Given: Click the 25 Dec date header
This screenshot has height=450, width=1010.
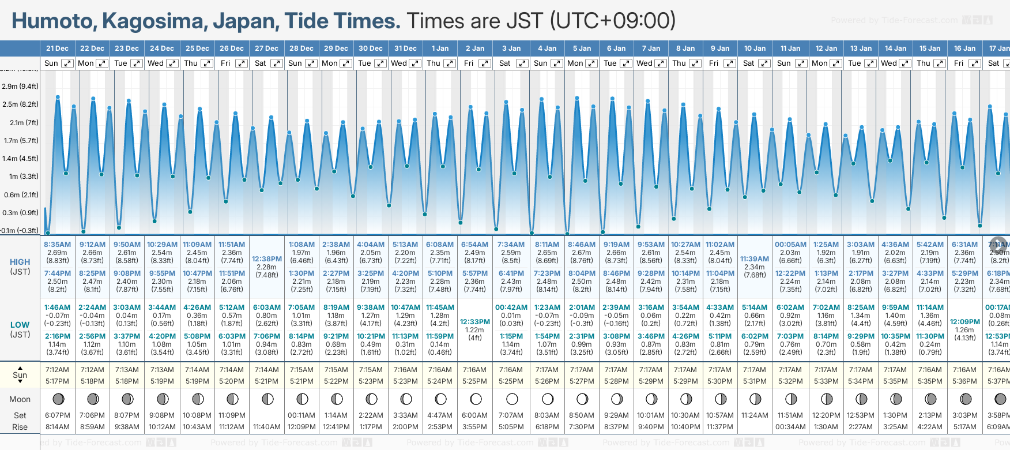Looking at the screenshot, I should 197,48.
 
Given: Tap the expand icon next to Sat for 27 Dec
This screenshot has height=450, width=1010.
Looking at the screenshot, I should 277,63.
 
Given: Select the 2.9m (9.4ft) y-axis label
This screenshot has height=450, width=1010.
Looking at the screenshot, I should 20,87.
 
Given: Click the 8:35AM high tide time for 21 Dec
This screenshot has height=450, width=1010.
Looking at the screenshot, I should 57,245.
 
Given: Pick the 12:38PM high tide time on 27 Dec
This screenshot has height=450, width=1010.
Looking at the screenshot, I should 267,259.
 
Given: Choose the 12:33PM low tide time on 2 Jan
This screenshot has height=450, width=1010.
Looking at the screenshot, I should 475,322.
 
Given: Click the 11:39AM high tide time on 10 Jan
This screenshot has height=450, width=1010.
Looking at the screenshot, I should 755,259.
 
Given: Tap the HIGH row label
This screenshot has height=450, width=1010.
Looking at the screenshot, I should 20,262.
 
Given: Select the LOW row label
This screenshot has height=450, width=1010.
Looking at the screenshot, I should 20,325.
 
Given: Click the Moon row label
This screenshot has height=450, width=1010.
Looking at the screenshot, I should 20,399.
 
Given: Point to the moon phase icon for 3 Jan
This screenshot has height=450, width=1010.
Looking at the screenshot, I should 511,399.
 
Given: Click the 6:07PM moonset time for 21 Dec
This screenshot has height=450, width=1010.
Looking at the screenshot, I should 57,415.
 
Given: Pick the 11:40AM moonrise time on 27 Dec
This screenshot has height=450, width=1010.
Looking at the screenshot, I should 267,427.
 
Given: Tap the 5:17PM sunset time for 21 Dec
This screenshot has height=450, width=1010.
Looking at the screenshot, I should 57,381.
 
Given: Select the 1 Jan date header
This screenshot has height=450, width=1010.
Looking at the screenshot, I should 440,48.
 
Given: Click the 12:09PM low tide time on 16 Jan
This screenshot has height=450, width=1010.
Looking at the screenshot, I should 964,322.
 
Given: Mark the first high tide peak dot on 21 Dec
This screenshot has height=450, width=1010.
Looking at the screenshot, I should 58,97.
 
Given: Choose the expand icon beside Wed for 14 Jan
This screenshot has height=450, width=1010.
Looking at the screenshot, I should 902,63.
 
